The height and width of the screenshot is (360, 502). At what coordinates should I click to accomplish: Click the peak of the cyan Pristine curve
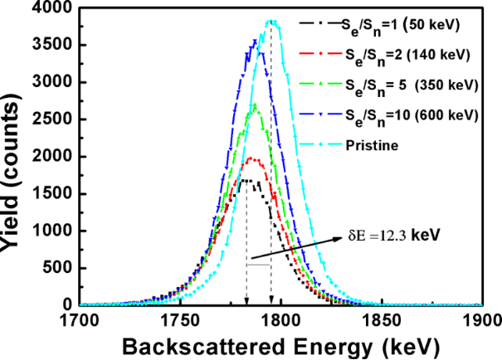270,22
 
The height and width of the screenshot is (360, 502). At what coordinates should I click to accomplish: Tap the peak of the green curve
255,105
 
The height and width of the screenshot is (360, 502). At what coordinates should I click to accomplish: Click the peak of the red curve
252,158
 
